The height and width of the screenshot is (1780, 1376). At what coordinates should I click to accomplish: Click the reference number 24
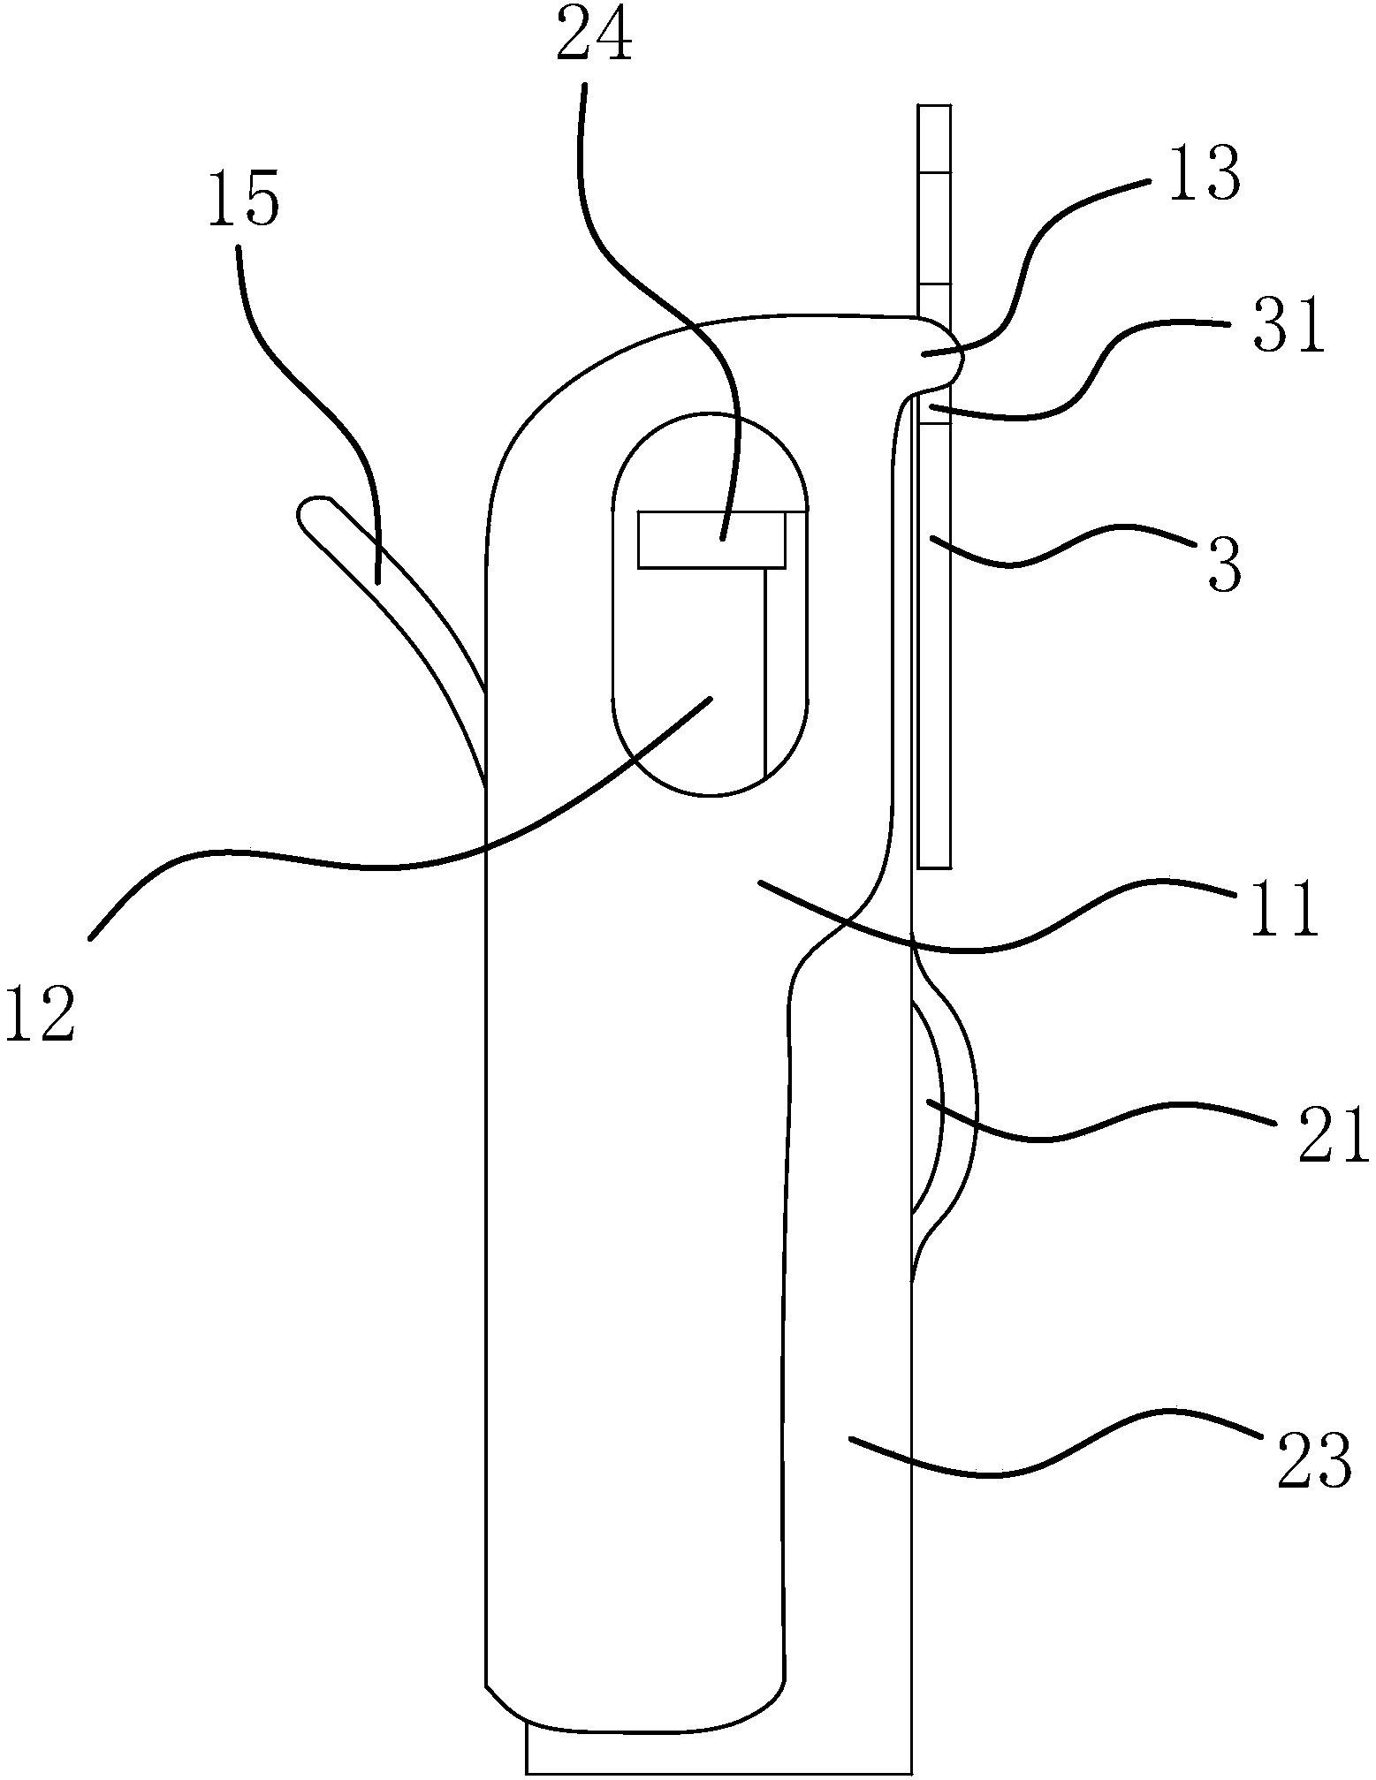coord(594,35)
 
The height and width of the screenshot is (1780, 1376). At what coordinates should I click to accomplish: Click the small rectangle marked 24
coord(711,540)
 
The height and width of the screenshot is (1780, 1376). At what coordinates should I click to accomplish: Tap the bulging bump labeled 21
coord(946,1109)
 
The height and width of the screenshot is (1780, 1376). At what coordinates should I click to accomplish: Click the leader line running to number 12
coord(354,866)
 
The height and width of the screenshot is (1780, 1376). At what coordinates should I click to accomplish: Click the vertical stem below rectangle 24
coord(766,671)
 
